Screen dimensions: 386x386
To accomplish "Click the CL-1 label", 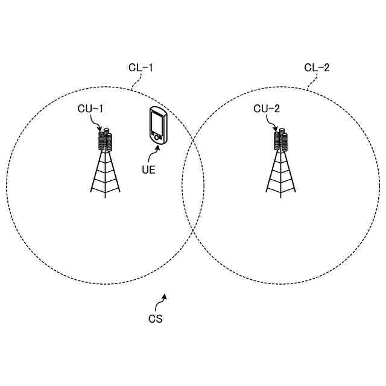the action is (x=141, y=68).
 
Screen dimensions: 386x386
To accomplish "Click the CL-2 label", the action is (x=317, y=68).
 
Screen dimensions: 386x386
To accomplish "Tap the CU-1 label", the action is (x=90, y=109).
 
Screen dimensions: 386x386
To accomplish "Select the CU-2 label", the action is (x=266, y=109).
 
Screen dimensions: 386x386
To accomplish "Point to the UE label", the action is (x=149, y=169).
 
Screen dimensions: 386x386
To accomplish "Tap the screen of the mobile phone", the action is (x=157, y=123).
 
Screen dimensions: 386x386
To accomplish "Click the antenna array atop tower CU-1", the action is (x=106, y=140).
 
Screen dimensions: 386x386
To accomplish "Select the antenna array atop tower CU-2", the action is (x=281, y=140).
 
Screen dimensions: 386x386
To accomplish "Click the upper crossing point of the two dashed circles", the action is (x=193, y=141).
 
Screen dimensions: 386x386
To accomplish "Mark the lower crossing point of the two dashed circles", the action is (x=193, y=232).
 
